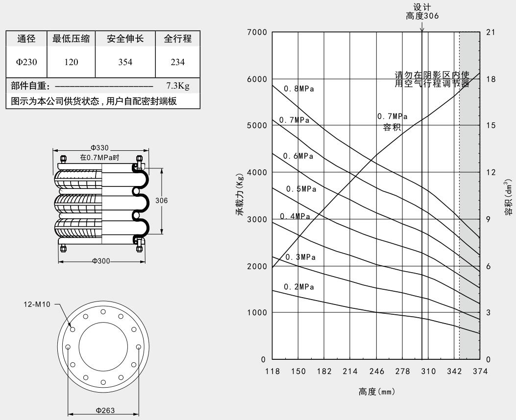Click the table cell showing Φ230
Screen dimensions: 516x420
pos(26,62)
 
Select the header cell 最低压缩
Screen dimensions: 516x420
pos(71,39)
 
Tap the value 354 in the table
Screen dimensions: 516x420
pos(125,62)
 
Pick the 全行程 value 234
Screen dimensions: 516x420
pos(178,62)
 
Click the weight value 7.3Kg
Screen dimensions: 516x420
pos(178,86)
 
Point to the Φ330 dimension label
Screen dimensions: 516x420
pos(99,148)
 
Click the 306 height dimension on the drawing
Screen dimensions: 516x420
pos(161,201)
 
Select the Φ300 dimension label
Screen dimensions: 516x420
pos(101,261)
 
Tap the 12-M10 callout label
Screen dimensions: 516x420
pos(37,304)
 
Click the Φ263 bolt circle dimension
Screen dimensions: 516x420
pos(105,411)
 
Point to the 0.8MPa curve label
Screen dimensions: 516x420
pos(299,89)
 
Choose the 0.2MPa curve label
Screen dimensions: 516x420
pos(299,287)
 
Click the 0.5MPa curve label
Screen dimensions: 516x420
pos(301,189)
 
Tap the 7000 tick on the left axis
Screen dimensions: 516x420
pos(257,32)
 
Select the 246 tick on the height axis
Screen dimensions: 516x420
pos(376,372)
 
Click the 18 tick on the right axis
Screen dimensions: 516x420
pos(491,79)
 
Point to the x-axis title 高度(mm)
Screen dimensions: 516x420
pos(376,392)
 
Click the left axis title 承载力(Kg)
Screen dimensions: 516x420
pos(240,194)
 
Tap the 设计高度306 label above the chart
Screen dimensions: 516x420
pos(422,11)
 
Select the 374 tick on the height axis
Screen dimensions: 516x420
pos(480,372)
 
